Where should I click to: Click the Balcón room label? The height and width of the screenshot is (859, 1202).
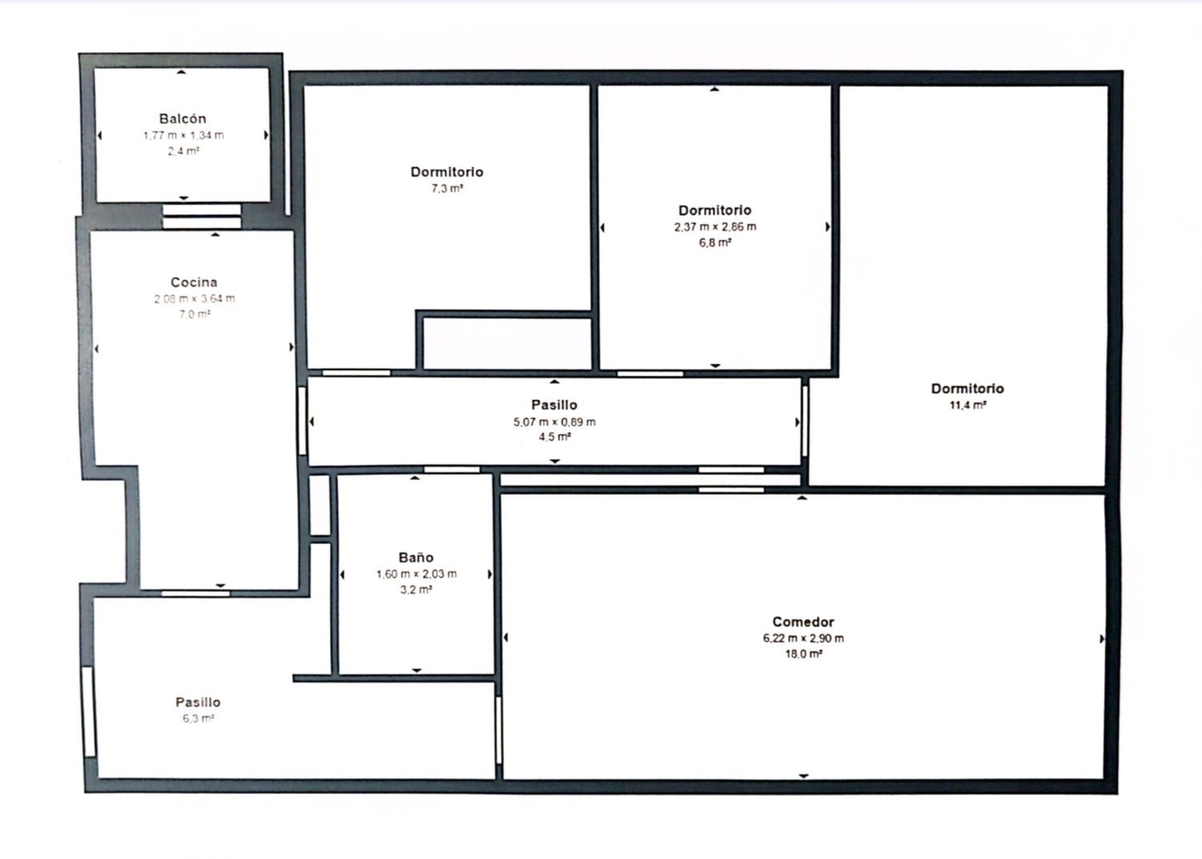tap(183, 119)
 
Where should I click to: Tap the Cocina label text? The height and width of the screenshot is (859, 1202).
tap(194, 282)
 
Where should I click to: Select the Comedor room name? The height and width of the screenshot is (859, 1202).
tap(803, 622)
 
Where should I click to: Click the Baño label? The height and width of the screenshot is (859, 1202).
tap(416, 558)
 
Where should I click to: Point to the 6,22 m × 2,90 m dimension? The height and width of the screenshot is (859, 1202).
tap(803, 639)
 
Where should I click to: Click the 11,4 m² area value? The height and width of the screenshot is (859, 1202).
tap(967, 405)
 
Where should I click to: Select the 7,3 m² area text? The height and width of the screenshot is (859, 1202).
tap(447, 188)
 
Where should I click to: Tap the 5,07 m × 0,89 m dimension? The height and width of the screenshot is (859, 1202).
tap(555, 422)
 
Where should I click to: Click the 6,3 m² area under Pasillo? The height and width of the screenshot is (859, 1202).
tap(198, 719)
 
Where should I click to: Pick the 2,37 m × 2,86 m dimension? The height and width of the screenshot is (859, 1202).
tap(716, 227)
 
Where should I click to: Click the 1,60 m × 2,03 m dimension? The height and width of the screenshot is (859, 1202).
tap(417, 574)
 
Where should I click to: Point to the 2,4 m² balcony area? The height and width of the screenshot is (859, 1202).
tap(183, 151)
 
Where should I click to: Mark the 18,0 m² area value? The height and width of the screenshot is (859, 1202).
tap(803, 654)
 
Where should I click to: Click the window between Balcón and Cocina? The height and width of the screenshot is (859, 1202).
tap(202, 216)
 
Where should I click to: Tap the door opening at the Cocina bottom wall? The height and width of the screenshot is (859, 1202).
tap(196, 594)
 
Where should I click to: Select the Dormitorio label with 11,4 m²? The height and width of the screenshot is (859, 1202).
tap(967, 389)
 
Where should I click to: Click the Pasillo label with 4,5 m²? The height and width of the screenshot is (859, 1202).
tap(555, 405)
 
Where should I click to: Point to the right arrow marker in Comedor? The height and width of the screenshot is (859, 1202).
tap(1102, 639)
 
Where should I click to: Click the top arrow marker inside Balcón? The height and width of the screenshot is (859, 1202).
tap(181, 71)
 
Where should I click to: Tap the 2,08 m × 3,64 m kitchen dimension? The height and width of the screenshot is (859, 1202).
tap(194, 299)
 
